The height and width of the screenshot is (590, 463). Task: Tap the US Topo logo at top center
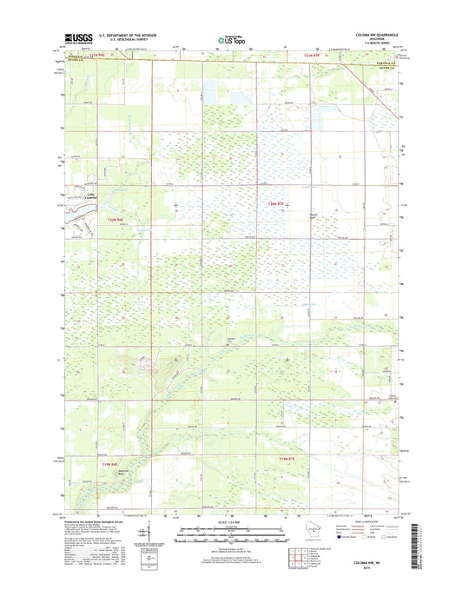[231, 38]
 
